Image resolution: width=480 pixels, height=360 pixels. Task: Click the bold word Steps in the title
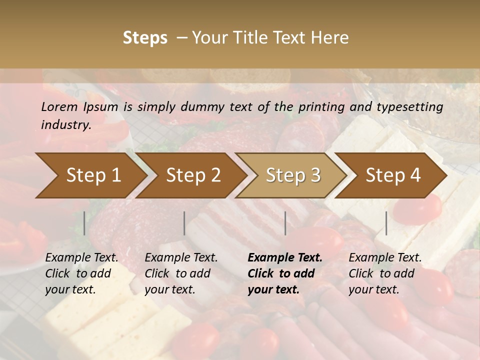click(x=145, y=38)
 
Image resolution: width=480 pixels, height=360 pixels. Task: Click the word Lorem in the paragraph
click(x=59, y=106)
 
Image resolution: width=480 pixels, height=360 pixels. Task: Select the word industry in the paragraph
click(x=65, y=125)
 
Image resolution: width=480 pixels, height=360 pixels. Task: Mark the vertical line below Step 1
click(x=84, y=223)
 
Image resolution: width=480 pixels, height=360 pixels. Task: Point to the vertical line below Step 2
click(x=184, y=223)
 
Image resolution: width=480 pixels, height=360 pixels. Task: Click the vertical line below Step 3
click(x=285, y=223)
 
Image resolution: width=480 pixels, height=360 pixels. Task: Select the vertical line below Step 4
click(x=386, y=223)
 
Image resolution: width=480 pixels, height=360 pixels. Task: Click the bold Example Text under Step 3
click(x=285, y=258)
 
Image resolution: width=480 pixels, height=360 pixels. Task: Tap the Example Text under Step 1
click(x=81, y=258)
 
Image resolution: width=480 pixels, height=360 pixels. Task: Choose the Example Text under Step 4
click(x=385, y=258)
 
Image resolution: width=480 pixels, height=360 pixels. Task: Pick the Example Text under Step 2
click(x=181, y=258)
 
